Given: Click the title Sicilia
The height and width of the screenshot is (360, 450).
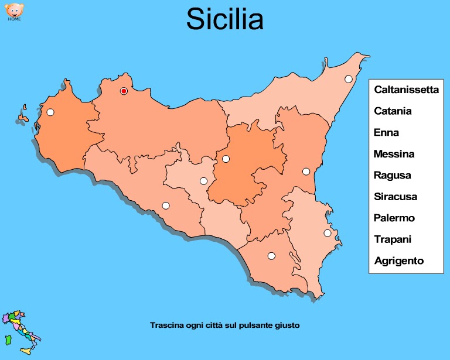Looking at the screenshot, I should tap(225, 19).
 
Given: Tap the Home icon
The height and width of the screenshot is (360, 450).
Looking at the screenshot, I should tap(14, 12).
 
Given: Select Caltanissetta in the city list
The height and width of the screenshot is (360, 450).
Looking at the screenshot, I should tap(406, 90).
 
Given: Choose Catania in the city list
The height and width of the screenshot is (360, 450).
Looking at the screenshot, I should tap(393, 111).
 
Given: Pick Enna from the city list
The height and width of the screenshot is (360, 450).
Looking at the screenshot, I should tap(386, 132).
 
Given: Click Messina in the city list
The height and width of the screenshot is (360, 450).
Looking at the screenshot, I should tap(394, 154).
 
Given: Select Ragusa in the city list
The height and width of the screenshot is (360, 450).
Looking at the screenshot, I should tap(392, 175).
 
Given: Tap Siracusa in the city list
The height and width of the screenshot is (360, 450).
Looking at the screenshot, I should tap(395, 197).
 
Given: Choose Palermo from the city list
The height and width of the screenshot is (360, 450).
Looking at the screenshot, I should tap(394, 218).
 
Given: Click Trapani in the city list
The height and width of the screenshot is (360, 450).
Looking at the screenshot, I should tap(393, 239).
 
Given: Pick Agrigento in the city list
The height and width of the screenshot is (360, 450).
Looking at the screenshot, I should tap(398, 261).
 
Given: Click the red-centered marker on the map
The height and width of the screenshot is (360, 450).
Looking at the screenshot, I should tap(124, 91).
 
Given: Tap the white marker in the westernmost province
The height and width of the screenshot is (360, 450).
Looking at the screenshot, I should tap(50, 112).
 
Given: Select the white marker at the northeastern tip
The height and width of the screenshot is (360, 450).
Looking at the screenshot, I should tap(349, 79).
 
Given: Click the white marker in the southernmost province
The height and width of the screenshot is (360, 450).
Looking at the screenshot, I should tap(271, 256).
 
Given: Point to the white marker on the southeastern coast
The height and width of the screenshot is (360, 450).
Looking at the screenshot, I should tap(328, 233).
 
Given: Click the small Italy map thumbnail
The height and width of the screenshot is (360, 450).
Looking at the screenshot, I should tap(20, 333).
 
